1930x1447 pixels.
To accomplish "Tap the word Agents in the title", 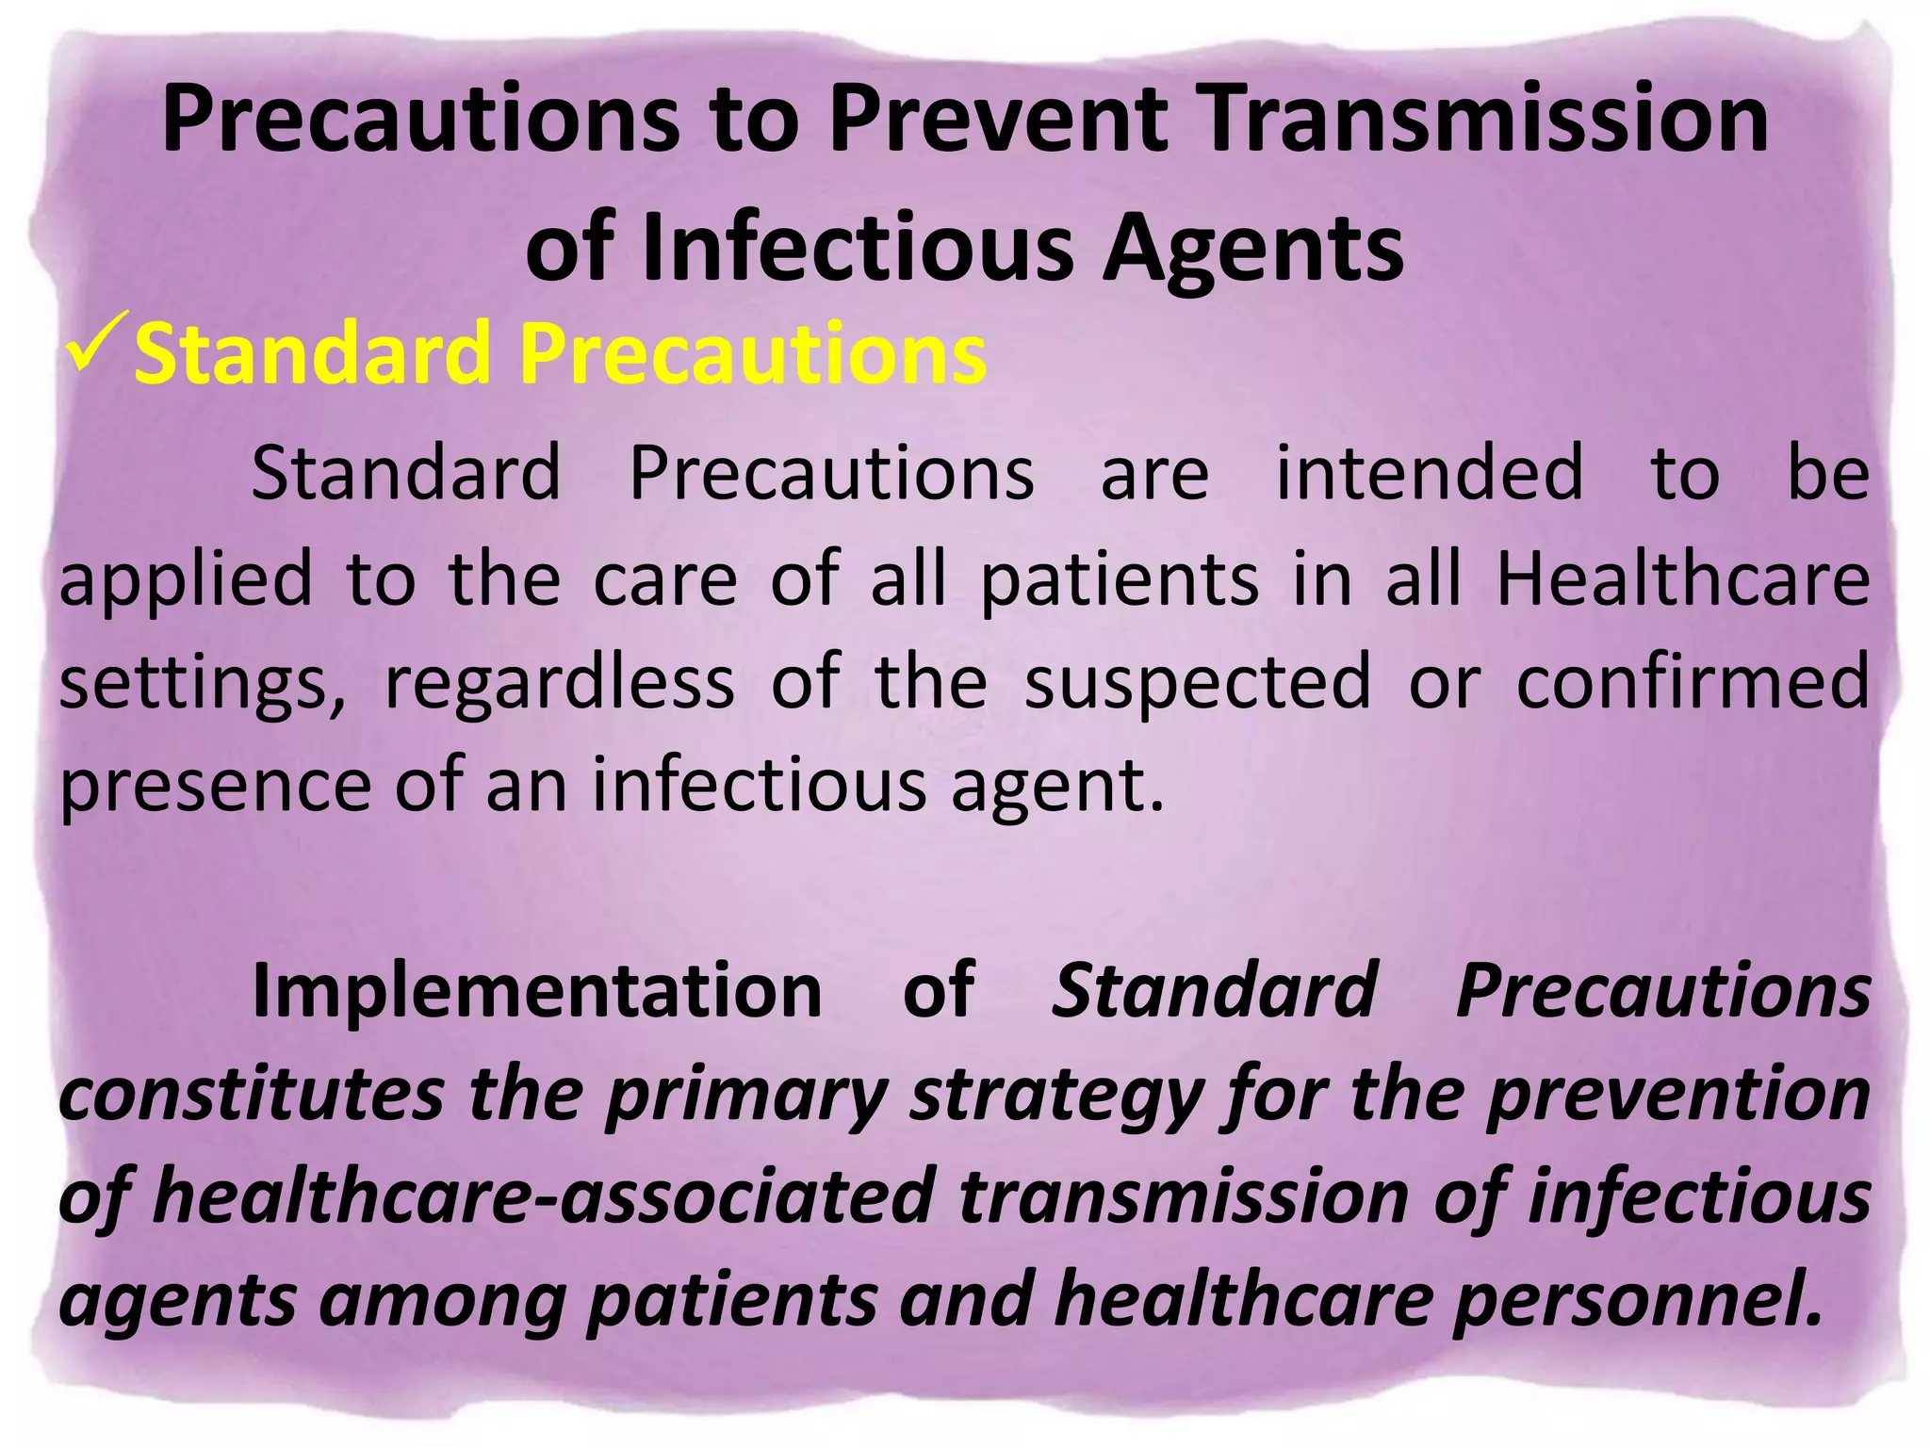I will point(1252,249).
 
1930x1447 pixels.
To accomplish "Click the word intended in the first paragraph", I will point(1429,473).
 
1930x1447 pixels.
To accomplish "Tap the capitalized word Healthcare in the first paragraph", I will point(1683,578).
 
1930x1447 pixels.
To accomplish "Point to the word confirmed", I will point(1693,682).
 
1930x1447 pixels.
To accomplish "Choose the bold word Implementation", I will point(537,991).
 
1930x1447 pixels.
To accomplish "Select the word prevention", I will point(1678,1095).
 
